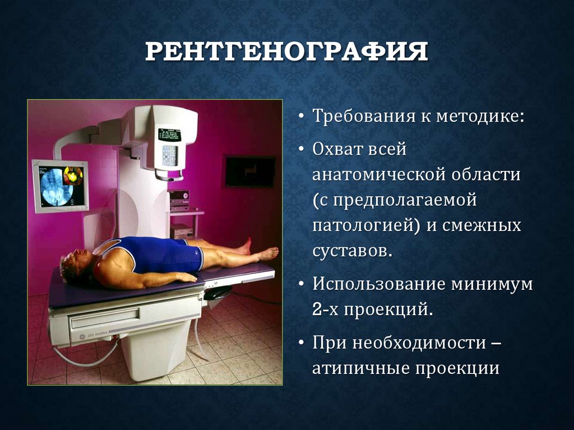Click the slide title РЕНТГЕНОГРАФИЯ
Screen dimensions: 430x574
click(286, 52)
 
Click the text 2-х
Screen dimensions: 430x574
click(325, 309)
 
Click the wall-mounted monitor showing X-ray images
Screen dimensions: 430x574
click(61, 185)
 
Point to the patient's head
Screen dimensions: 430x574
click(75, 266)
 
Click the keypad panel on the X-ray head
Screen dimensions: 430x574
click(170, 155)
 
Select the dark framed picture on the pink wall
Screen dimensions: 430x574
click(250, 172)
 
